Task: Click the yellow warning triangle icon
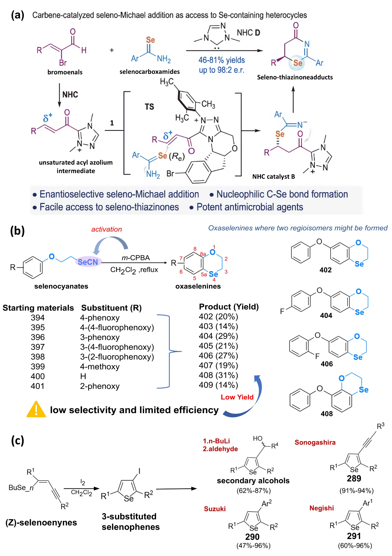tap(36, 410)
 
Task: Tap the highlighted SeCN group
tap(88, 262)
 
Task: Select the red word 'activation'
tap(107, 229)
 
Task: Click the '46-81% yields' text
tap(222, 60)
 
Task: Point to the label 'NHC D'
tap(248, 33)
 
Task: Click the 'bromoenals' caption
tap(65, 72)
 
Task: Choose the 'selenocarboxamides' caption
tap(149, 72)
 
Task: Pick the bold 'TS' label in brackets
tap(149, 107)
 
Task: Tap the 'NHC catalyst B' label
tap(274, 176)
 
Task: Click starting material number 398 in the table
tap(38, 357)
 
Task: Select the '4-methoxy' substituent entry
tap(100, 366)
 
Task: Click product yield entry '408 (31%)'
tap(218, 375)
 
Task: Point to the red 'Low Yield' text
tap(237, 397)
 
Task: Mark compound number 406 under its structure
tap(327, 364)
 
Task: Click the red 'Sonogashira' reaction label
tap(315, 442)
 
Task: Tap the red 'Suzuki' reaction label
tap(215, 509)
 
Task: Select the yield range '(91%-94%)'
tap(356, 491)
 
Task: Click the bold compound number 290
tap(252, 537)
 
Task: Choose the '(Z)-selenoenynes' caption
tap(41, 522)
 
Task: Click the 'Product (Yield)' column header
tap(229, 307)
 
